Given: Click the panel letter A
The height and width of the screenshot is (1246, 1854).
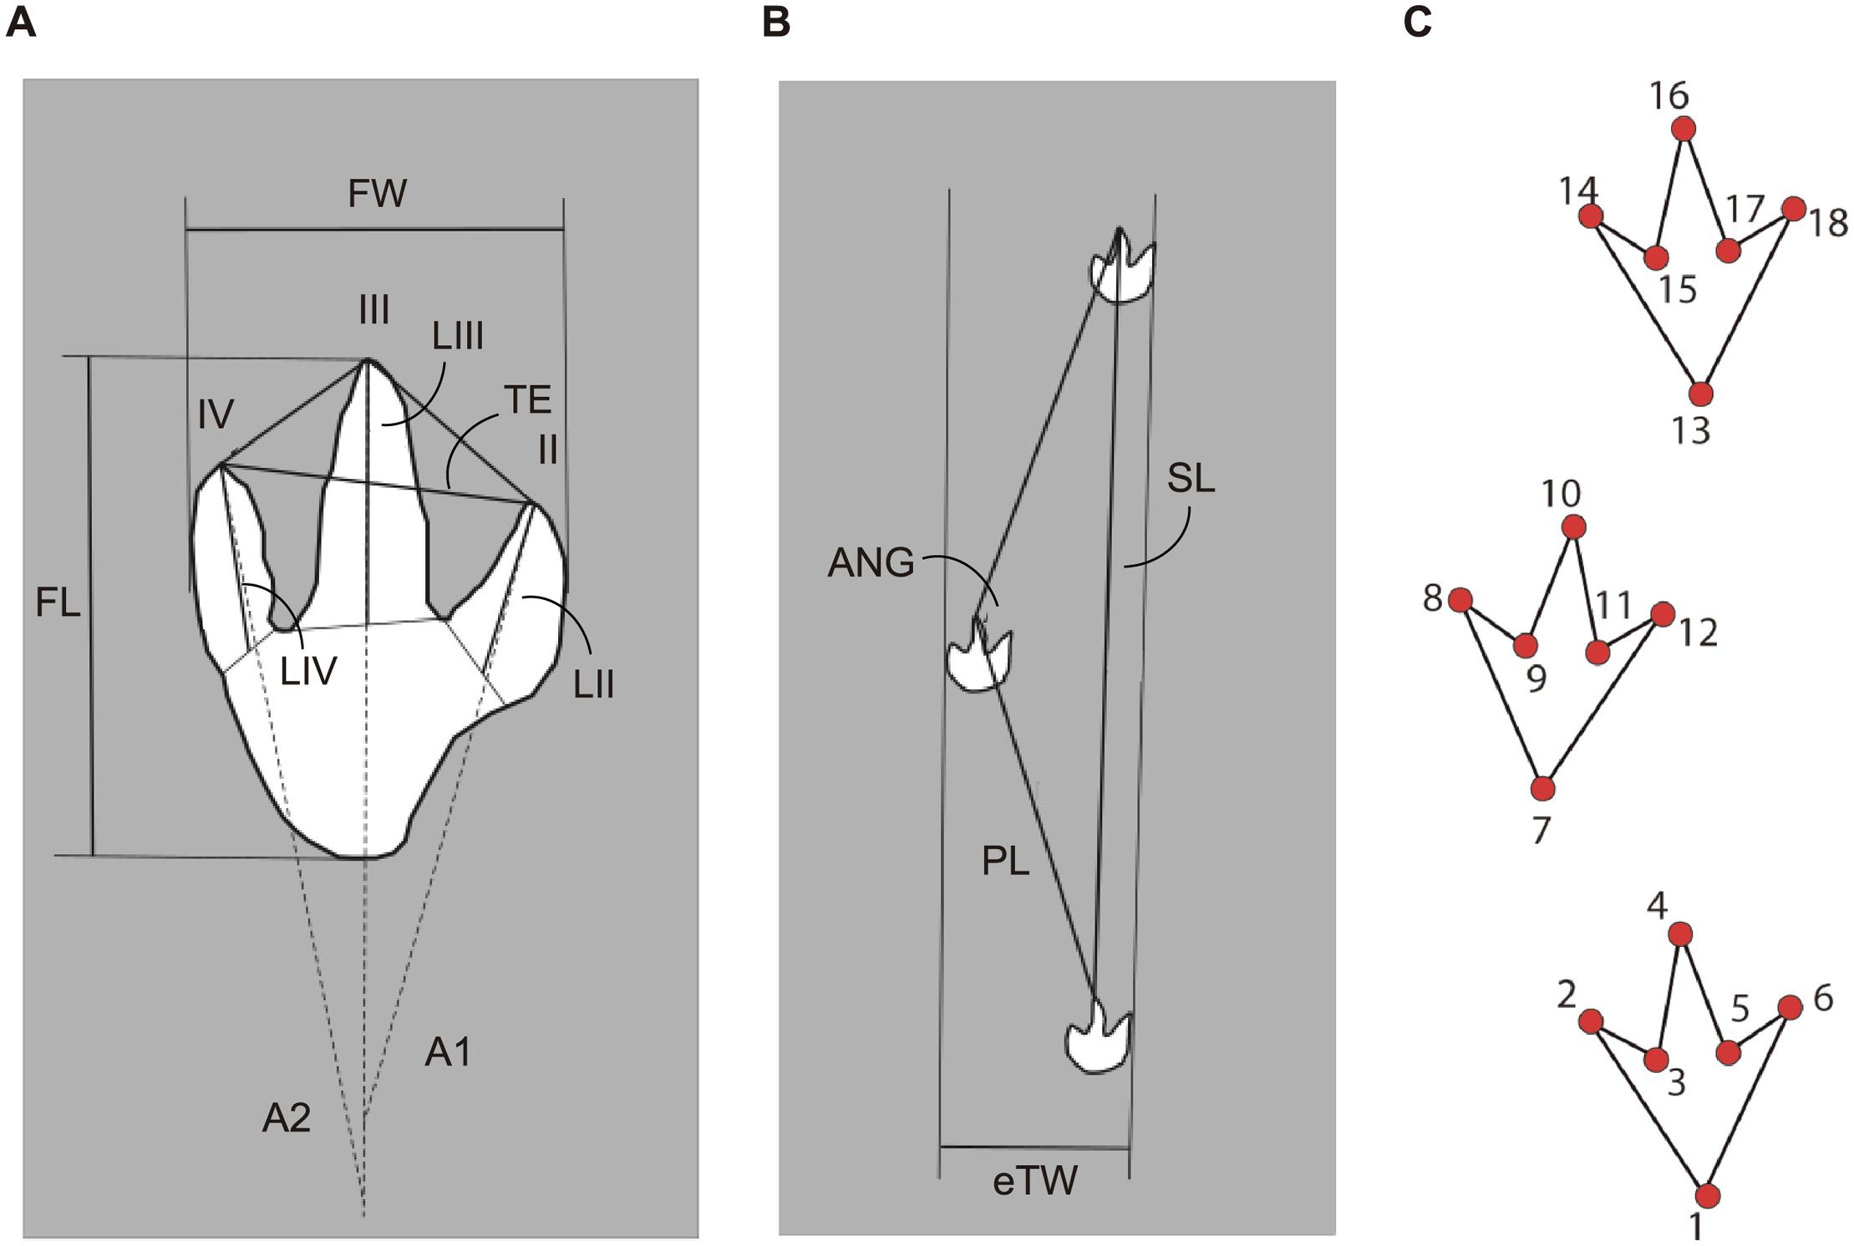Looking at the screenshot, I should (x=21, y=23).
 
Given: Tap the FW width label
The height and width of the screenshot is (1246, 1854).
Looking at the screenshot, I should (x=377, y=194).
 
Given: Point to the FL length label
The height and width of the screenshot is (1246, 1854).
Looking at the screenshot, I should (x=58, y=602).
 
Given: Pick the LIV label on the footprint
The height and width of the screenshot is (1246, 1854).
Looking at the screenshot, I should (x=308, y=670).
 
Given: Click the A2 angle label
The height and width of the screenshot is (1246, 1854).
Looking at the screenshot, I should (x=287, y=1118).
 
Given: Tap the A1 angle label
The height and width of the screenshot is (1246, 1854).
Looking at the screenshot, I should (x=449, y=1053).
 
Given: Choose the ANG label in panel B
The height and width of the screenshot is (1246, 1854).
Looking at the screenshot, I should (x=871, y=563).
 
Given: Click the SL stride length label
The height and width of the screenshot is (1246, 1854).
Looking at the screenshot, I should (x=1191, y=479).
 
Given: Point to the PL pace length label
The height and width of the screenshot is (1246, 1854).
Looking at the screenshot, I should (x=1005, y=862).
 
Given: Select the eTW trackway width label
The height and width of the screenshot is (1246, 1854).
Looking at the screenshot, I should (x=1035, y=1182).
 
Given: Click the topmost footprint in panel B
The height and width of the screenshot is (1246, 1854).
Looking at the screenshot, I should (x=1123, y=272).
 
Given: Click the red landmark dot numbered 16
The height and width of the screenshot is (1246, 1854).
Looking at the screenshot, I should (x=1684, y=130).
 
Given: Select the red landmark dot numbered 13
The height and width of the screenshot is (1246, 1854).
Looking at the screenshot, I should (x=1700, y=394).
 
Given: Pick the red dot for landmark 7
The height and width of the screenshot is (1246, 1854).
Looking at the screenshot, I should (x=1542, y=788).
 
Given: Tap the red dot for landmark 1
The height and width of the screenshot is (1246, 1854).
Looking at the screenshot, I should (x=1707, y=1196).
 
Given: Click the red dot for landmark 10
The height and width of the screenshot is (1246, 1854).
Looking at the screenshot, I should (x=1573, y=527).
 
